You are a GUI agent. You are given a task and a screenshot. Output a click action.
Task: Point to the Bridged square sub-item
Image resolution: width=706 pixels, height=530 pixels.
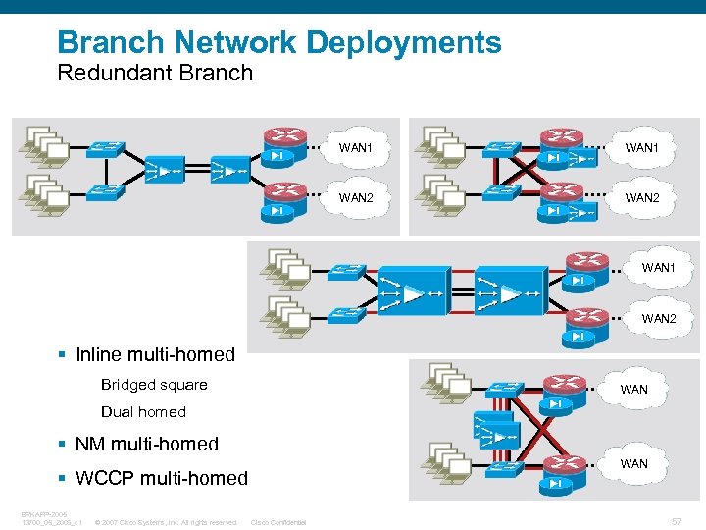click(154, 384)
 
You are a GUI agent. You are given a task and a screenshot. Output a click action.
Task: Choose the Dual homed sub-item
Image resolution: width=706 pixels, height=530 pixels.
click(143, 411)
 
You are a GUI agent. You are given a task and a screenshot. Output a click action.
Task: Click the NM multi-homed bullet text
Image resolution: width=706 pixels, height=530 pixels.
click(146, 444)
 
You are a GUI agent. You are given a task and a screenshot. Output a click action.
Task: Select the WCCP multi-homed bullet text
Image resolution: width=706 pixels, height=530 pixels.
click(161, 478)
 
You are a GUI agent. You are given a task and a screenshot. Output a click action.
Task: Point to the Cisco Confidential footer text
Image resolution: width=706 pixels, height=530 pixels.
click(278, 522)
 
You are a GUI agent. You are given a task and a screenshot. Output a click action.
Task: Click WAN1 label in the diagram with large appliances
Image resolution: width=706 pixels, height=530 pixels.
click(658, 268)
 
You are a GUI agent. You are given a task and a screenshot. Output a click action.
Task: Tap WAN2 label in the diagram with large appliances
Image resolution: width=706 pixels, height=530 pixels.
click(658, 318)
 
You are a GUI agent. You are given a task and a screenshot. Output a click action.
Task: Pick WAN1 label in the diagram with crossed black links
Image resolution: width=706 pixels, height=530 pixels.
click(641, 147)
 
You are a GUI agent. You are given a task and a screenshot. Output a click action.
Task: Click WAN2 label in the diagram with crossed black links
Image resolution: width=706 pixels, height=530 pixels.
click(641, 198)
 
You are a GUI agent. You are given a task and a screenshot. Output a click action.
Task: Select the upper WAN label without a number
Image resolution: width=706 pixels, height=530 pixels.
click(634, 389)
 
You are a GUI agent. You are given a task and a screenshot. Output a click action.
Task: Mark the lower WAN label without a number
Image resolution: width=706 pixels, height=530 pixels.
click(634, 463)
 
